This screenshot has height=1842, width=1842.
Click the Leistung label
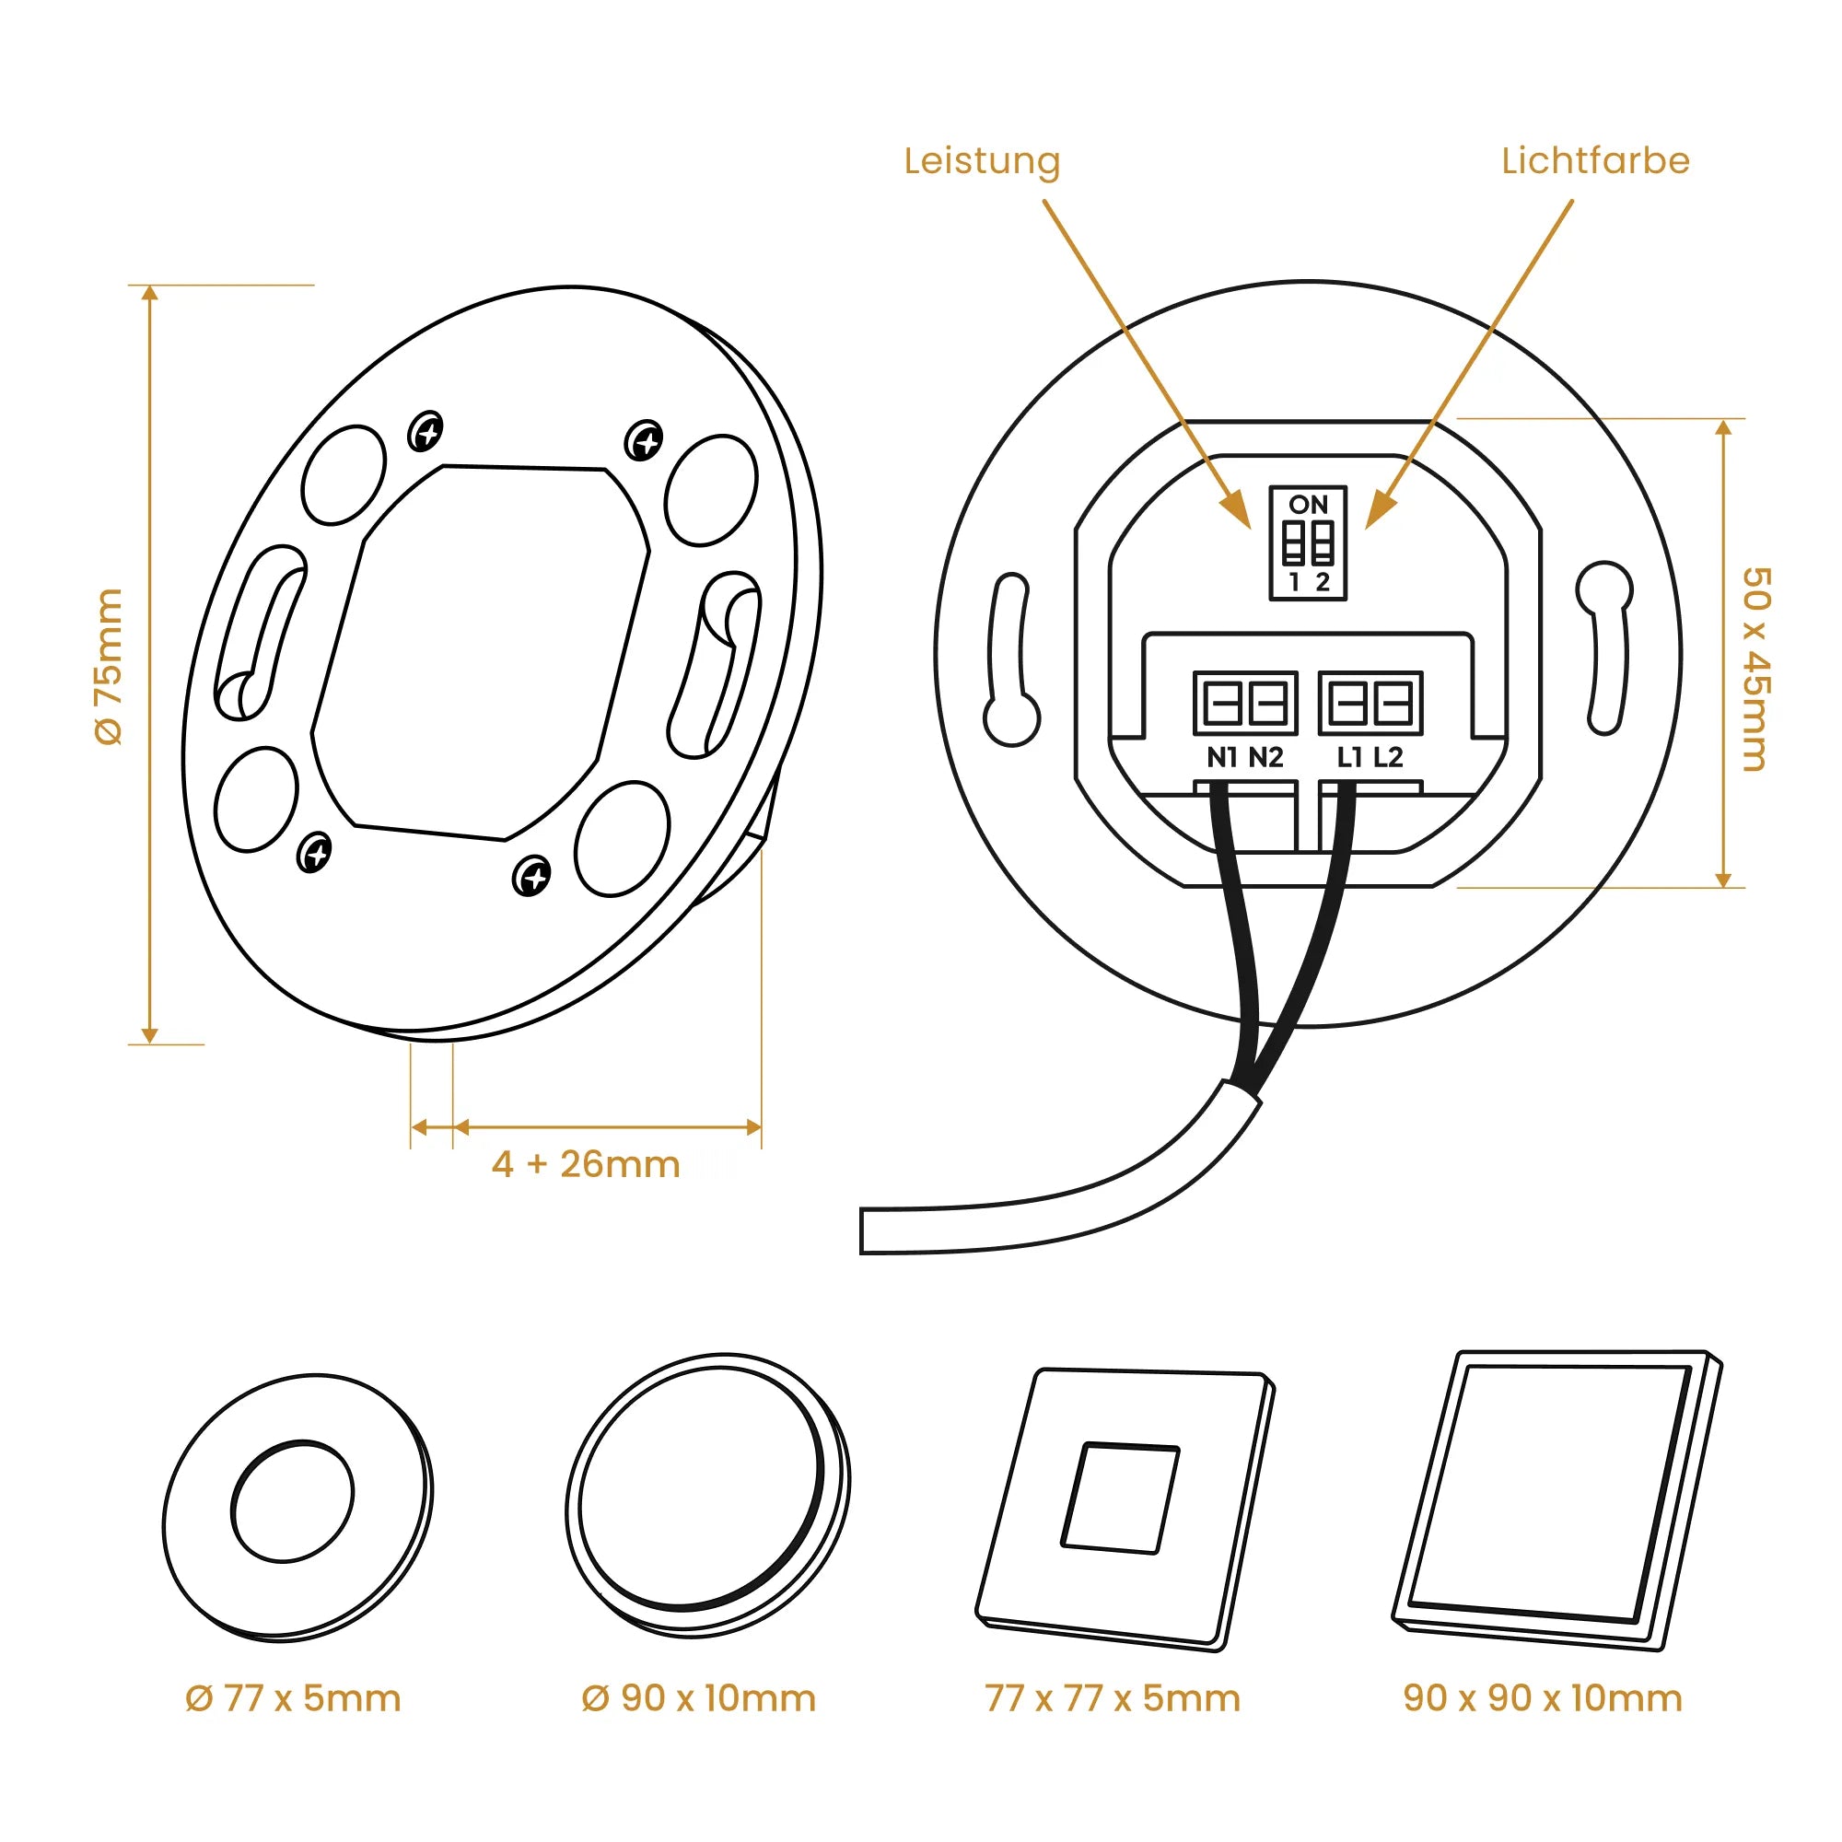coord(982,162)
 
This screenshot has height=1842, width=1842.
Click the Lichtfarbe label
coord(1595,161)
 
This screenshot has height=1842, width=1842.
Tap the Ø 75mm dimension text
coord(109,667)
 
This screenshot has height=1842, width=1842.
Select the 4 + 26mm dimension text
coord(586,1164)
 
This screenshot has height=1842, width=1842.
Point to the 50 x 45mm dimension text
coord(1755,670)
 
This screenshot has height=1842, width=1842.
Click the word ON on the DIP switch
coord(1308,505)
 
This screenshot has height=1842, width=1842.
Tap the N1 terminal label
coord(1222,757)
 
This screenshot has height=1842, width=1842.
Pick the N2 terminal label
coord(1266,757)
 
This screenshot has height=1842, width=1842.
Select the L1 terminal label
coord(1349,757)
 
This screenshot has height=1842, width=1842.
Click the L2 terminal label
coord(1388,757)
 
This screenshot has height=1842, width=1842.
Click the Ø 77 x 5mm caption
coord(294,1698)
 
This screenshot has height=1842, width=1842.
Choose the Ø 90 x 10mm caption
coord(699,1698)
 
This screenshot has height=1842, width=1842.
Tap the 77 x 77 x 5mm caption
coord(1113,1698)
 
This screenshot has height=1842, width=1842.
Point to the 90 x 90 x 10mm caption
coord(1543,1698)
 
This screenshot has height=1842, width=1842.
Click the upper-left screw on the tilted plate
coord(426,432)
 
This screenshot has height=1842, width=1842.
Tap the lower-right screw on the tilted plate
coord(531,874)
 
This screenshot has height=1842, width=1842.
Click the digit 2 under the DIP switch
coord(1323,581)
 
